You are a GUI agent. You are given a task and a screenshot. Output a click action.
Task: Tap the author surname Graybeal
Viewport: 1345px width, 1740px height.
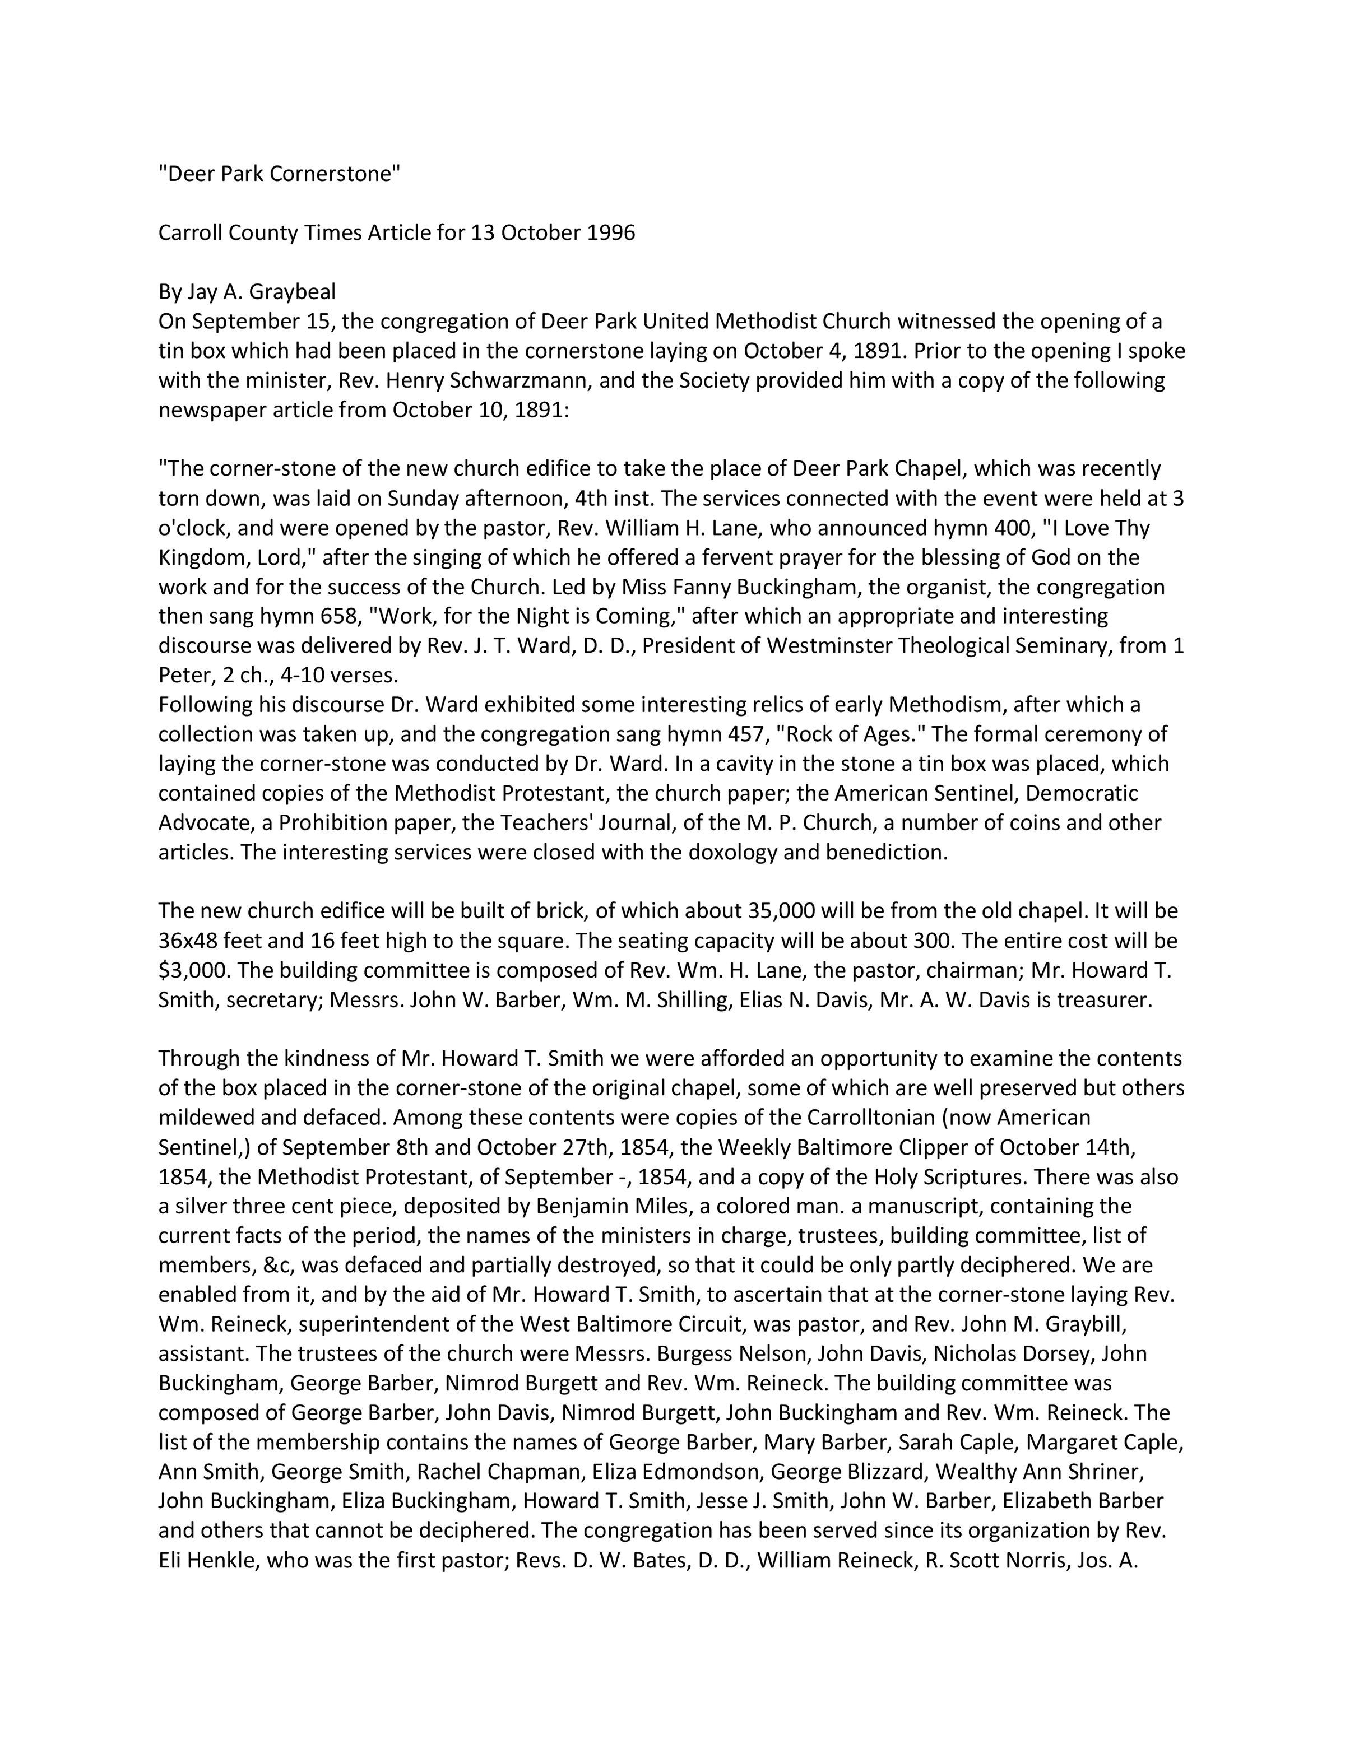click(x=293, y=292)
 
